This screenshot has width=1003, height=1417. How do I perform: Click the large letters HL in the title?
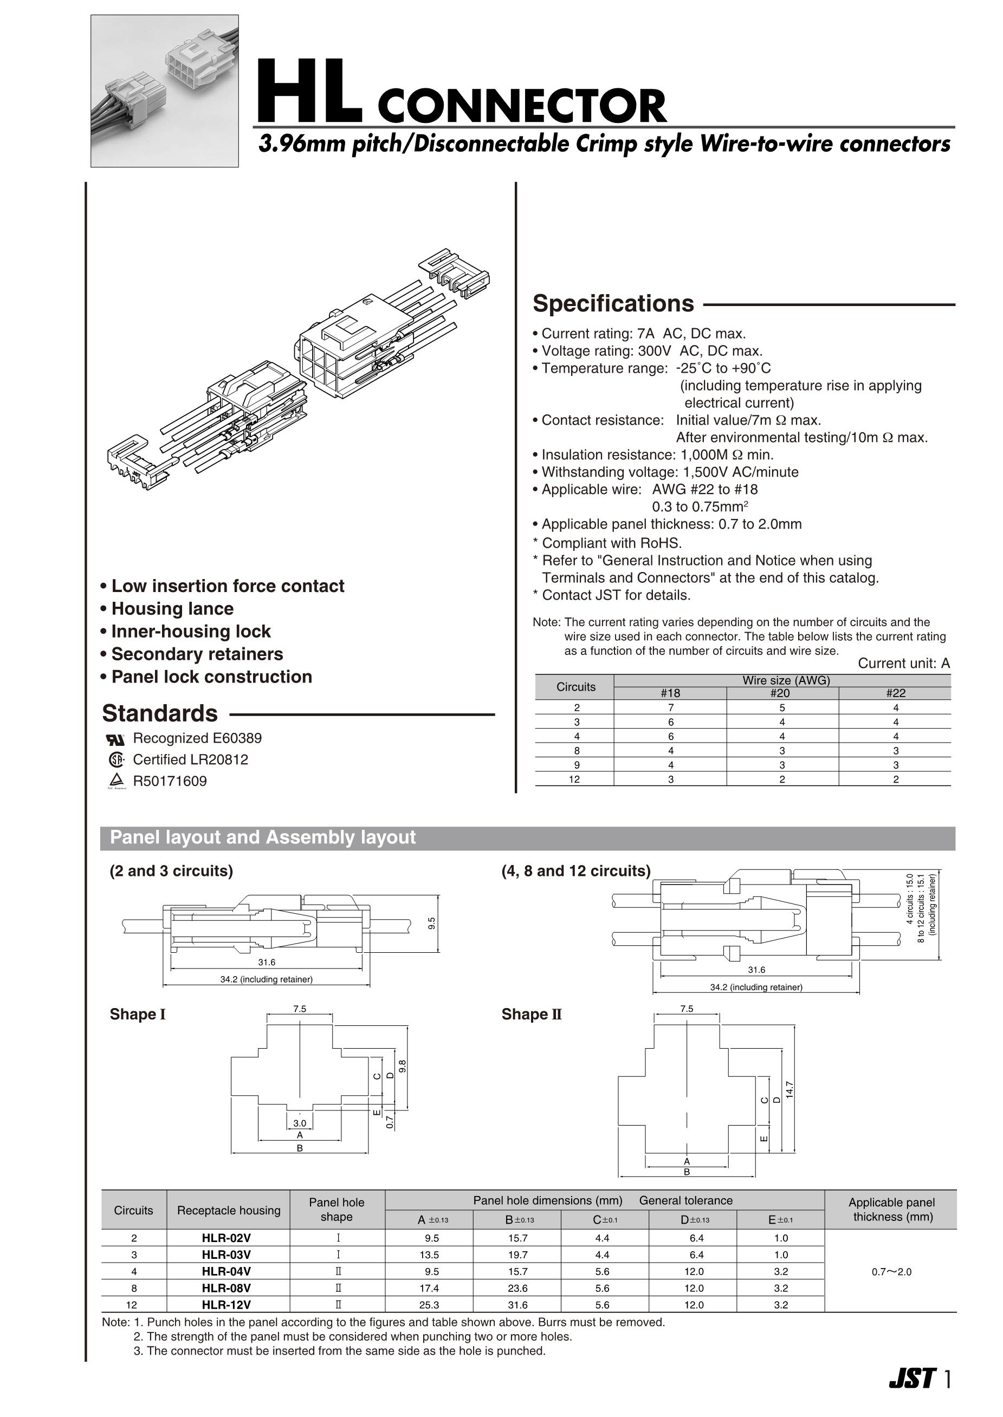point(309,93)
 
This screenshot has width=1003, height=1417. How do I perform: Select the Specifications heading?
point(613,304)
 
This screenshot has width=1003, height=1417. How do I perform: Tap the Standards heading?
point(159,713)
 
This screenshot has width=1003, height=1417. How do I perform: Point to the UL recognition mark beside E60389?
point(116,739)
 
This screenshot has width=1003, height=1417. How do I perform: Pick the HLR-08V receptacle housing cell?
point(226,1288)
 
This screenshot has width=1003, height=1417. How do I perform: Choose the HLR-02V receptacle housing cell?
point(226,1238)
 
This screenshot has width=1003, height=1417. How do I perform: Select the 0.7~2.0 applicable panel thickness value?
point(891,1271)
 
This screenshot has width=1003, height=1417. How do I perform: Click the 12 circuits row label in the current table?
point(574,779)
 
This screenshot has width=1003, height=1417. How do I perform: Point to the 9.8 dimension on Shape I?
point(403,1067)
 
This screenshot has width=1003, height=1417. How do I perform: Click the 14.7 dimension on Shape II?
point(788,1090)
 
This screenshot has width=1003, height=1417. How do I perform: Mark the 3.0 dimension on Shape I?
point(300,1123)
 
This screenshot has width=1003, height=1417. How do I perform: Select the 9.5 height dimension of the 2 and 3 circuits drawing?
point(432,923)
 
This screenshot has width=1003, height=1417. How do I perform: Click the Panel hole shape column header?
point(337,1210)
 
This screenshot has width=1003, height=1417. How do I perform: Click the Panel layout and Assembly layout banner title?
point(262,837)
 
